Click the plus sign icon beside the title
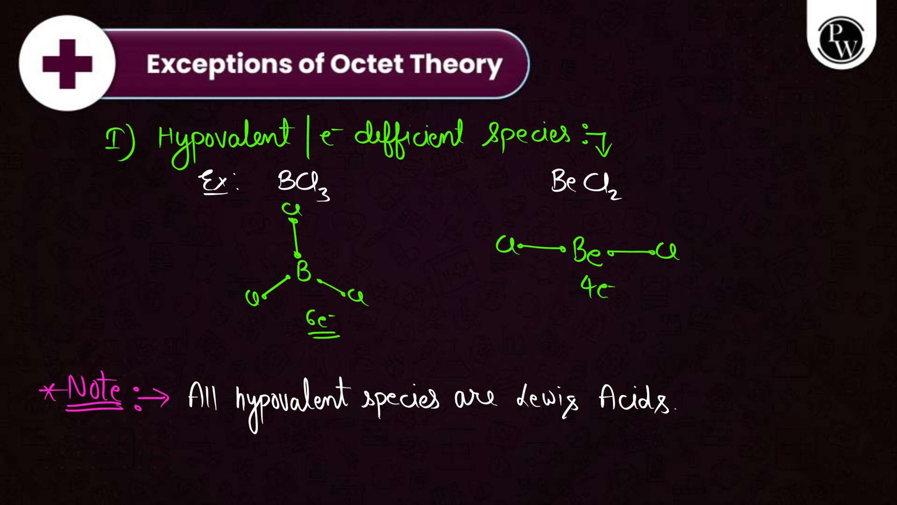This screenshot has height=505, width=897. tap(67, 64)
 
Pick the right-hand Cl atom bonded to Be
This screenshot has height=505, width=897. tap(668, 251)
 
